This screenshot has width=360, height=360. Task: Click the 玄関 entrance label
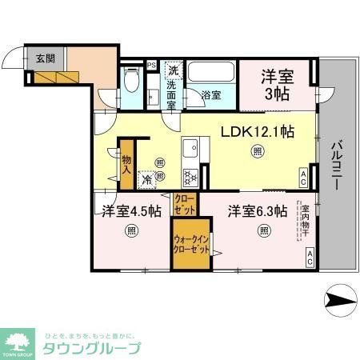pos(45,58)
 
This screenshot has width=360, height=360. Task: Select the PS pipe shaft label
pos(151,66)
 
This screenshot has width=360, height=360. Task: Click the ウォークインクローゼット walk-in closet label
pos(192,243)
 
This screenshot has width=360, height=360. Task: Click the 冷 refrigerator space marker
pos(147,180)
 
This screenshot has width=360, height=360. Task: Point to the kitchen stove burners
pos(190,176)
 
